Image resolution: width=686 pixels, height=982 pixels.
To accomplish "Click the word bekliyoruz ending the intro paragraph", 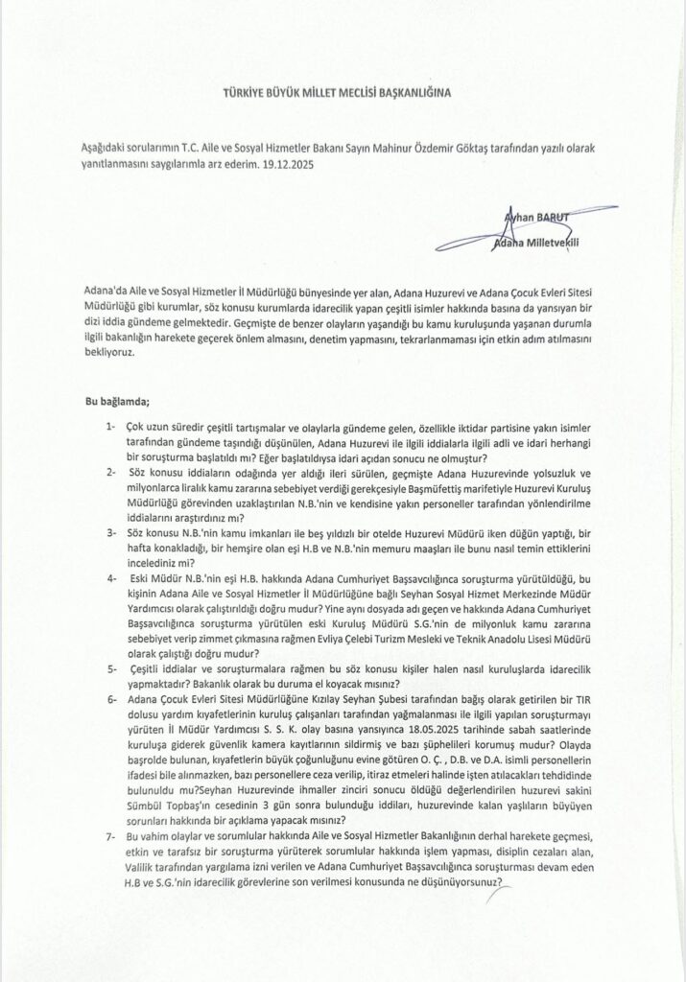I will (x=107, y=354).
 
